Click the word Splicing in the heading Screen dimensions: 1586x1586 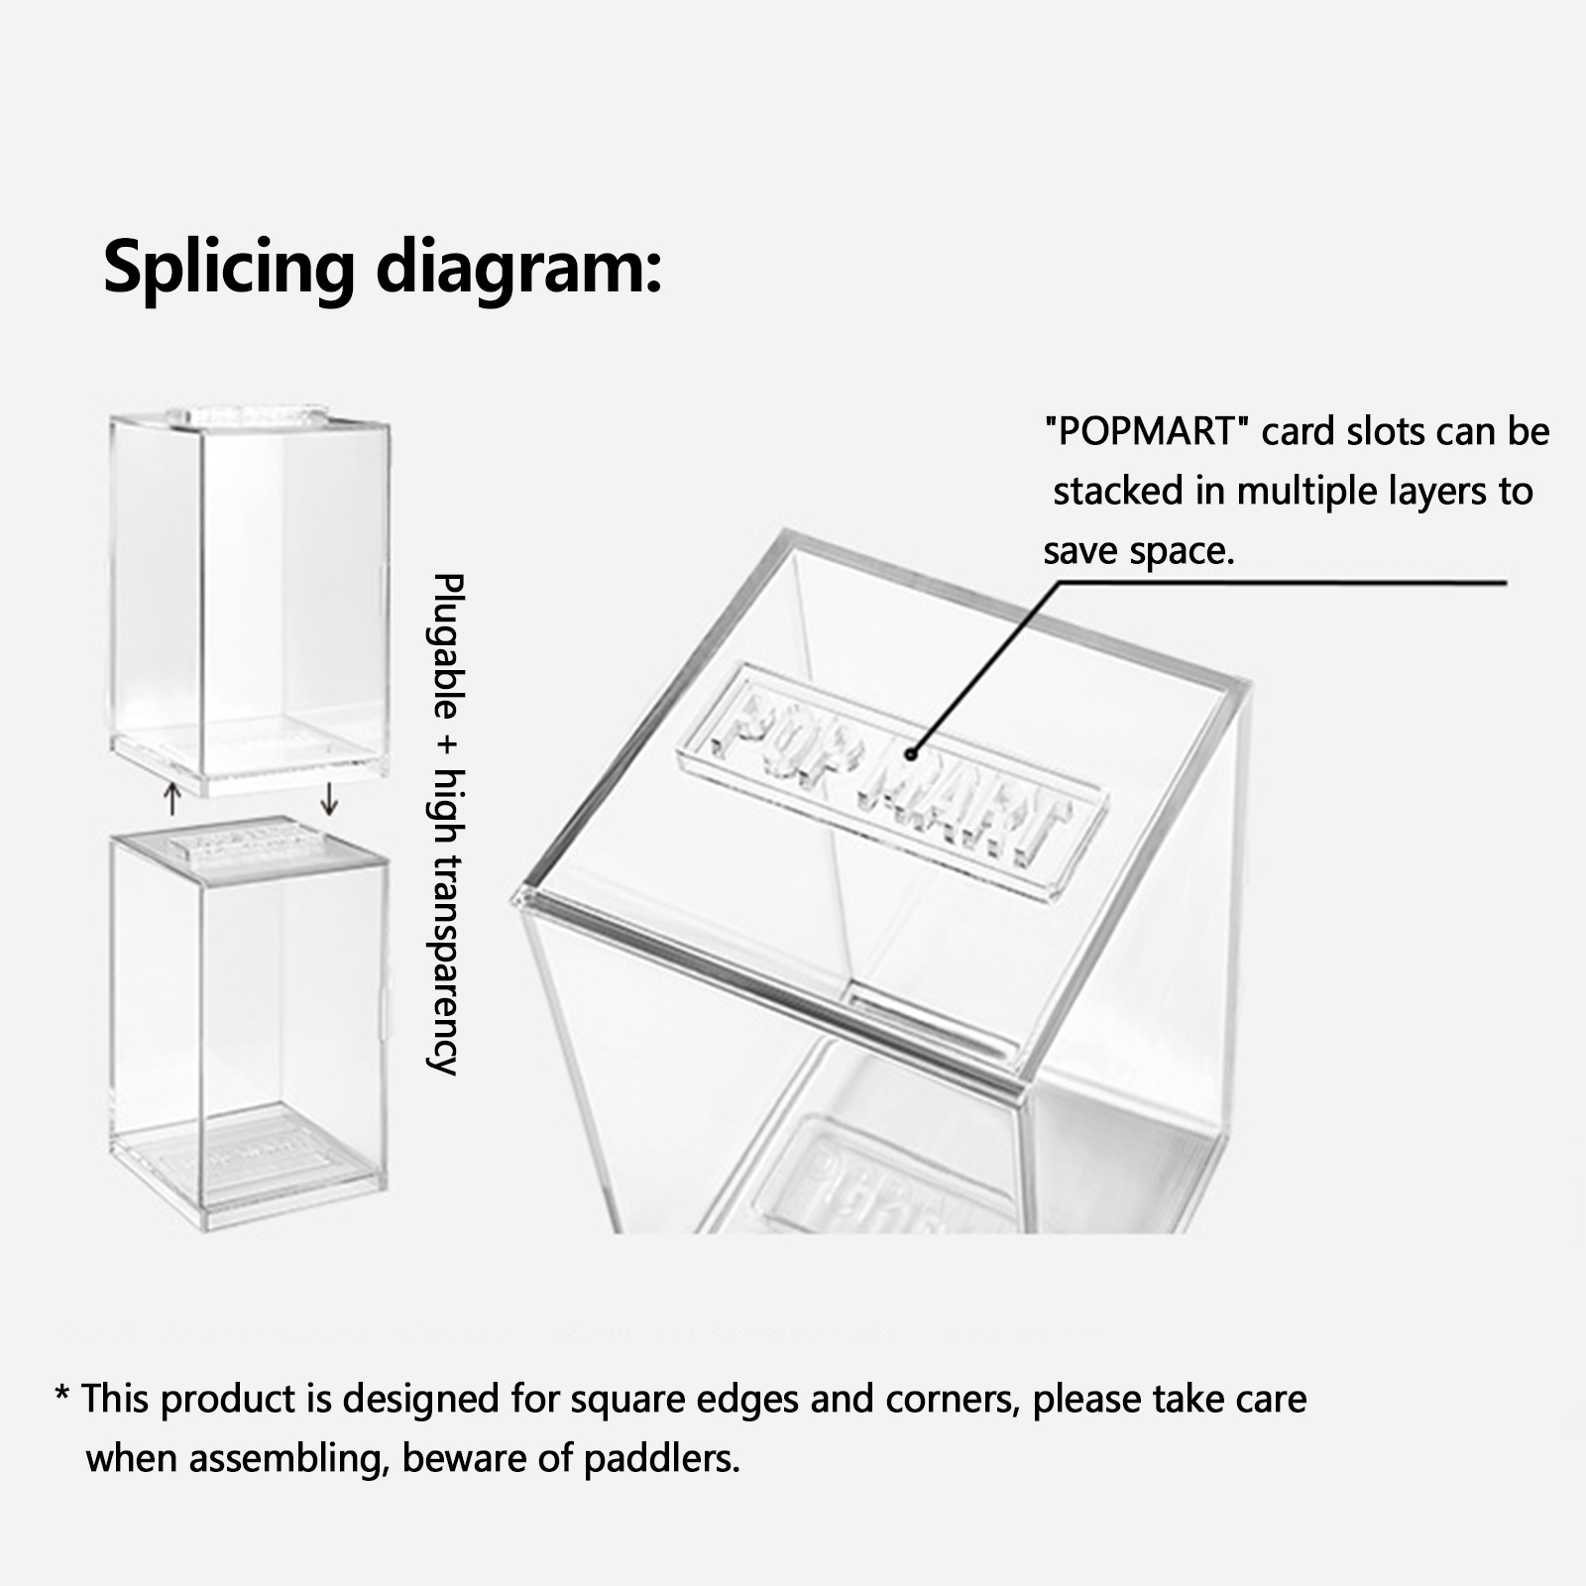(x=229, y=267)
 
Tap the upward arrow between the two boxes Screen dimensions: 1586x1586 (x=172, y=799)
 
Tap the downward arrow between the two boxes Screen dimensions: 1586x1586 (x=329, y=799)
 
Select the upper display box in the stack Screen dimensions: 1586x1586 (x=249, y=601)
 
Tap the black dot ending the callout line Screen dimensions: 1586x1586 (x=910, y=754)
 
